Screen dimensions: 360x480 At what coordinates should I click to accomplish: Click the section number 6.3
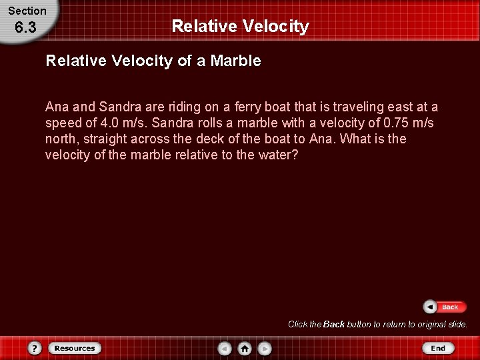(x=25, y=29)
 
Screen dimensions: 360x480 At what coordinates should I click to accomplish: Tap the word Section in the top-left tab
(x=27, y=11)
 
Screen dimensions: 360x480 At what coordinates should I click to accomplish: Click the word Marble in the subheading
(x=236, y=61)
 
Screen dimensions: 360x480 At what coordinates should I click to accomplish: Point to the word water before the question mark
(x=275, y=155)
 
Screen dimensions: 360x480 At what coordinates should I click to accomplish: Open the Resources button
(x=74, y=348)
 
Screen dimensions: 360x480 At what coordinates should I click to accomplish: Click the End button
(x=437, y=348)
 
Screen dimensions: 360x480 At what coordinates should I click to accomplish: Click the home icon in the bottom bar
(x=245, y=348)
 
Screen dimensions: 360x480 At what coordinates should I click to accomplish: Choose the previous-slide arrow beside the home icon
(x=225, y=348)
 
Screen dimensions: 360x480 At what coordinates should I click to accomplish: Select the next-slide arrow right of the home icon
(x=265, y=348)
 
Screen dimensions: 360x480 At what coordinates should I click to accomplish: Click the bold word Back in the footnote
(x=333, y=325)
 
